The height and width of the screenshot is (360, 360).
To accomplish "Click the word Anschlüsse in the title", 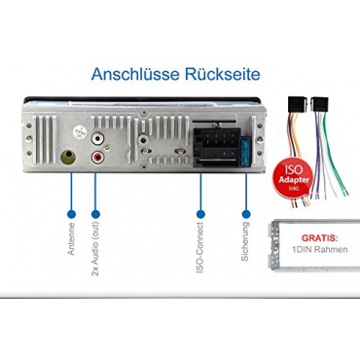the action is (x=135, y=74).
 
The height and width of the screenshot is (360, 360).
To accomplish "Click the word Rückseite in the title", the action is (x=223, y=74).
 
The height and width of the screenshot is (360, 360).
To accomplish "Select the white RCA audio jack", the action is (x=97, y=139).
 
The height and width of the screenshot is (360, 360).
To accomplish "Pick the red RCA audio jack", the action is (x=97, y=158).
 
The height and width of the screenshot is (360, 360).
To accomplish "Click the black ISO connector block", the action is (x=217, y=148).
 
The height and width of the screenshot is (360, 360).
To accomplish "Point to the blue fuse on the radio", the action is (x=246, y=153).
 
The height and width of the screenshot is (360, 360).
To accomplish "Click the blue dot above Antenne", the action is (x=71, y=214).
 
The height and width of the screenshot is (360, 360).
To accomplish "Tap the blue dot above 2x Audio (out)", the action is (x=95, y=214).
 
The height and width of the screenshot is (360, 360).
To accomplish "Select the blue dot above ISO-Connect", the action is (x=200, y=214).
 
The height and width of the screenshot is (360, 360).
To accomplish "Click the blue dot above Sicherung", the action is (x=246, y=214).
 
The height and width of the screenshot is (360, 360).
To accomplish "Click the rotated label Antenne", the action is (x=71, y=238).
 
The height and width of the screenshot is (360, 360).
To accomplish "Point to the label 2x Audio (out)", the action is (x=95, y=249).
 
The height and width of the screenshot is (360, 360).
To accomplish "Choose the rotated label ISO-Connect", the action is (x=200, y=247).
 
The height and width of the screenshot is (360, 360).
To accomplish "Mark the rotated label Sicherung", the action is (x=245, y=241).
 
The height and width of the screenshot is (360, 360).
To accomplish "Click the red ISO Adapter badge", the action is (x=294, y=178).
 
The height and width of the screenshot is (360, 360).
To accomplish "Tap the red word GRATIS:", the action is (x=319, y=238).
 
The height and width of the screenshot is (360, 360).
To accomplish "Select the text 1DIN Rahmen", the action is (x=319, y=249).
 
